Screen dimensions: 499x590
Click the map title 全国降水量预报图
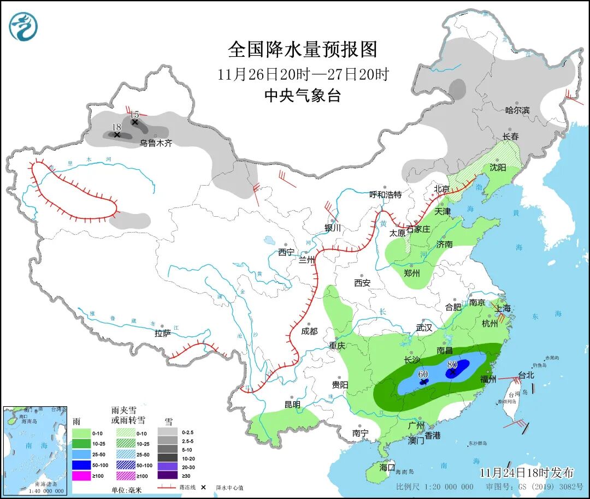tap(303, 50)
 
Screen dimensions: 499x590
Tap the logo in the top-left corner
tap(24, 27)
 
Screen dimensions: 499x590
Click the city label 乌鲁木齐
tap(156, 143)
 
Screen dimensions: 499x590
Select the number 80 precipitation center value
tap(452, 364)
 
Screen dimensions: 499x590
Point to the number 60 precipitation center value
tap(422, 374)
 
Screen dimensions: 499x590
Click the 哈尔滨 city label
tap(517, 110)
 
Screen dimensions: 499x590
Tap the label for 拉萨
tap(162, 333)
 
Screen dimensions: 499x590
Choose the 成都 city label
tap(309, 331)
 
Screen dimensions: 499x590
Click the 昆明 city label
tap(292, 405)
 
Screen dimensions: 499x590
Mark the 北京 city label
tap(442, 189)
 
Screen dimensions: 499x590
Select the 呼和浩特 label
tap(385, 194)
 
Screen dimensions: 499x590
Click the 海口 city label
tap(387, 467)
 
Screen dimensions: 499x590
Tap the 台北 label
tap(526, 375)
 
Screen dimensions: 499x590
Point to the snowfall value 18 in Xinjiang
tap(116, 127)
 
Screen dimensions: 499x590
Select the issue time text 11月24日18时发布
tap(527, 472)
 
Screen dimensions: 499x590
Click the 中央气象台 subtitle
tap(303, 96)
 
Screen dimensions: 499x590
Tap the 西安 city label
tap(362, 283)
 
